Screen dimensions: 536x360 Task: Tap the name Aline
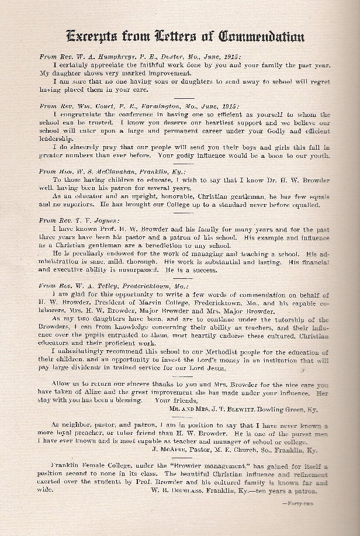[91, 394]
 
